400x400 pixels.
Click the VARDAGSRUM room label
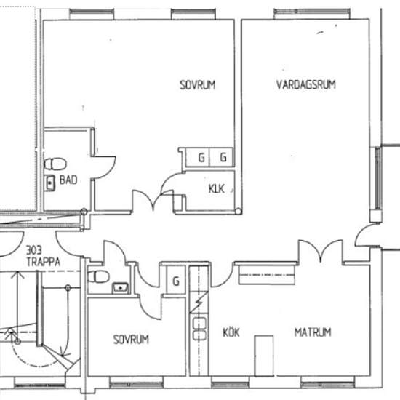click(306, 84)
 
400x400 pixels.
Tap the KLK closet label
click(217, 189)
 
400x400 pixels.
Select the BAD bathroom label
click(68, 180)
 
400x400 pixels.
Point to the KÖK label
click(231, 332)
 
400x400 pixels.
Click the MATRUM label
click(313, 332)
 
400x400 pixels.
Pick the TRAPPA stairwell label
click(44, 262)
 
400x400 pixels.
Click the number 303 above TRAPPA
click(34, 250)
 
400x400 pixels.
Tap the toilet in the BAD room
click(55, 164)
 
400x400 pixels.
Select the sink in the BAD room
click(49, 183)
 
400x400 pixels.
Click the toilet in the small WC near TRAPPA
click(98, 277)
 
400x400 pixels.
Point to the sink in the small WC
click(121, 288)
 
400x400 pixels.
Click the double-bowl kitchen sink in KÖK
click(199, 329)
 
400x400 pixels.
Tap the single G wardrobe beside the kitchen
click(176, 281)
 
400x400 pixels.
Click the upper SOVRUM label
click(198, 85)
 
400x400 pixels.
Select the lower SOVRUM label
click(131, 340)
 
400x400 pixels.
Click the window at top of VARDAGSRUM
click(312, 14)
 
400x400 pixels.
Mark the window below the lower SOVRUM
click(136, 385)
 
